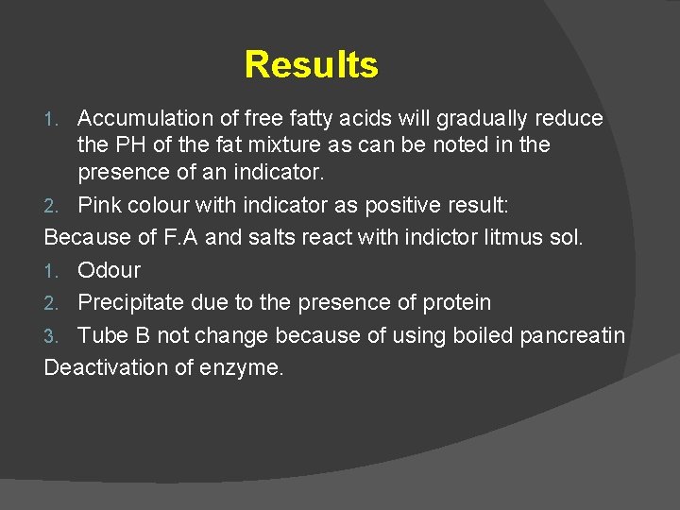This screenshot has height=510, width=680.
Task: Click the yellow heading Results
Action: tap(311, 65)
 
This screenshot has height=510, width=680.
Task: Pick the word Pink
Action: tap(99, 205)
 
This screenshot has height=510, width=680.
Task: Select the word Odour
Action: tap(109, 270)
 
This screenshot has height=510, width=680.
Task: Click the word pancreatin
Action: tap(579, 336)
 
